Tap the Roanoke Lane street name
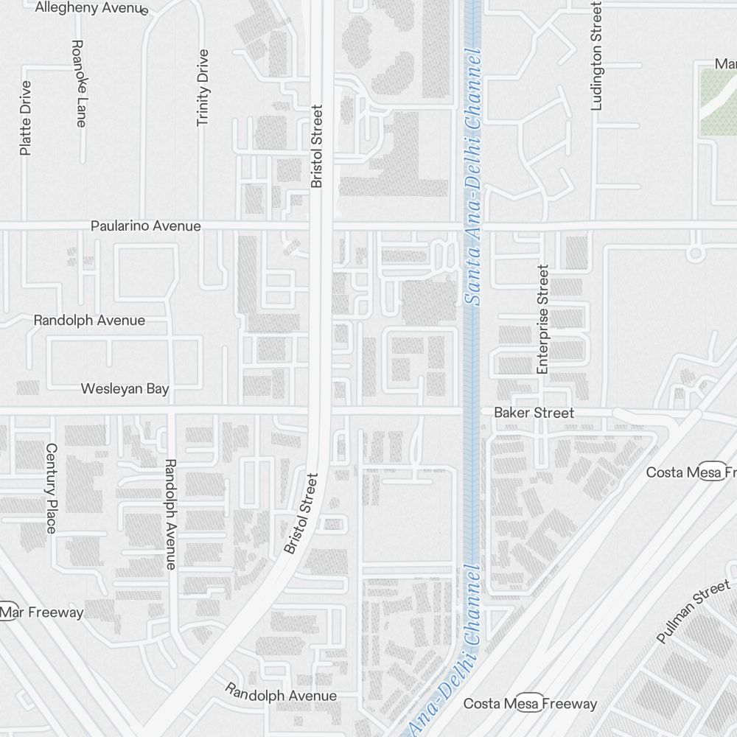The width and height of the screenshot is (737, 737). tap(79, 83)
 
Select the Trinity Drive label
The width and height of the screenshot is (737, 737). tap(203, 88)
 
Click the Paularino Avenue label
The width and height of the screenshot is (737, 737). tap(145, 226)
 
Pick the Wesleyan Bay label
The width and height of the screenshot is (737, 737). tap(125, 388)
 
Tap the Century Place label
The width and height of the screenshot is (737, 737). tap(51, 488)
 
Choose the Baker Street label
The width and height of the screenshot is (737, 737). tap(534, 413)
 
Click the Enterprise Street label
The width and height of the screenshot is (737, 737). tap(543, 320)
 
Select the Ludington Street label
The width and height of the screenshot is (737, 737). tap(596, 56)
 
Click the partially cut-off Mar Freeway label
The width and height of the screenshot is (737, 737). tap(42, 612)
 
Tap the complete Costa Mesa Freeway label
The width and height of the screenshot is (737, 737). tap(530, 704)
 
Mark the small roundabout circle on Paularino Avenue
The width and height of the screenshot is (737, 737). tap(694, 254)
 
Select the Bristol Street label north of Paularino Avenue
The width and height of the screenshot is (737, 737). tap(317, 146)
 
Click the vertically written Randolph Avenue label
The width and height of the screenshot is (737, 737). tap(170, 514)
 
